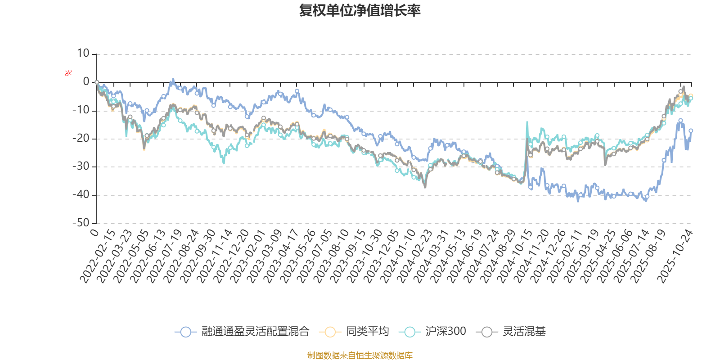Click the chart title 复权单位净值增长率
(x=360, y=10)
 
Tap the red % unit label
(x=68, y=73)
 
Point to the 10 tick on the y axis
(x=83, y=54)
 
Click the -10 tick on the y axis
(x=81, y=110)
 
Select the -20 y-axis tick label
(x=81, y=139)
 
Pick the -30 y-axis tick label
(x=81, y=166)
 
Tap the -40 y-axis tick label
(x=81, y=195)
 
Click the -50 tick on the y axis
(x=81, y=223)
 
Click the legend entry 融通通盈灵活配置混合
(x=255, y=332)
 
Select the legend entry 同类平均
(x=367, y=332)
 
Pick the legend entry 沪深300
(x=445, y=332)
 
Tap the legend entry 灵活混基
(x=524, y=332)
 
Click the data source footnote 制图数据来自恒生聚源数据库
(x=360, y=355)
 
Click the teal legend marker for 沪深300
(x=409, y=332)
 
